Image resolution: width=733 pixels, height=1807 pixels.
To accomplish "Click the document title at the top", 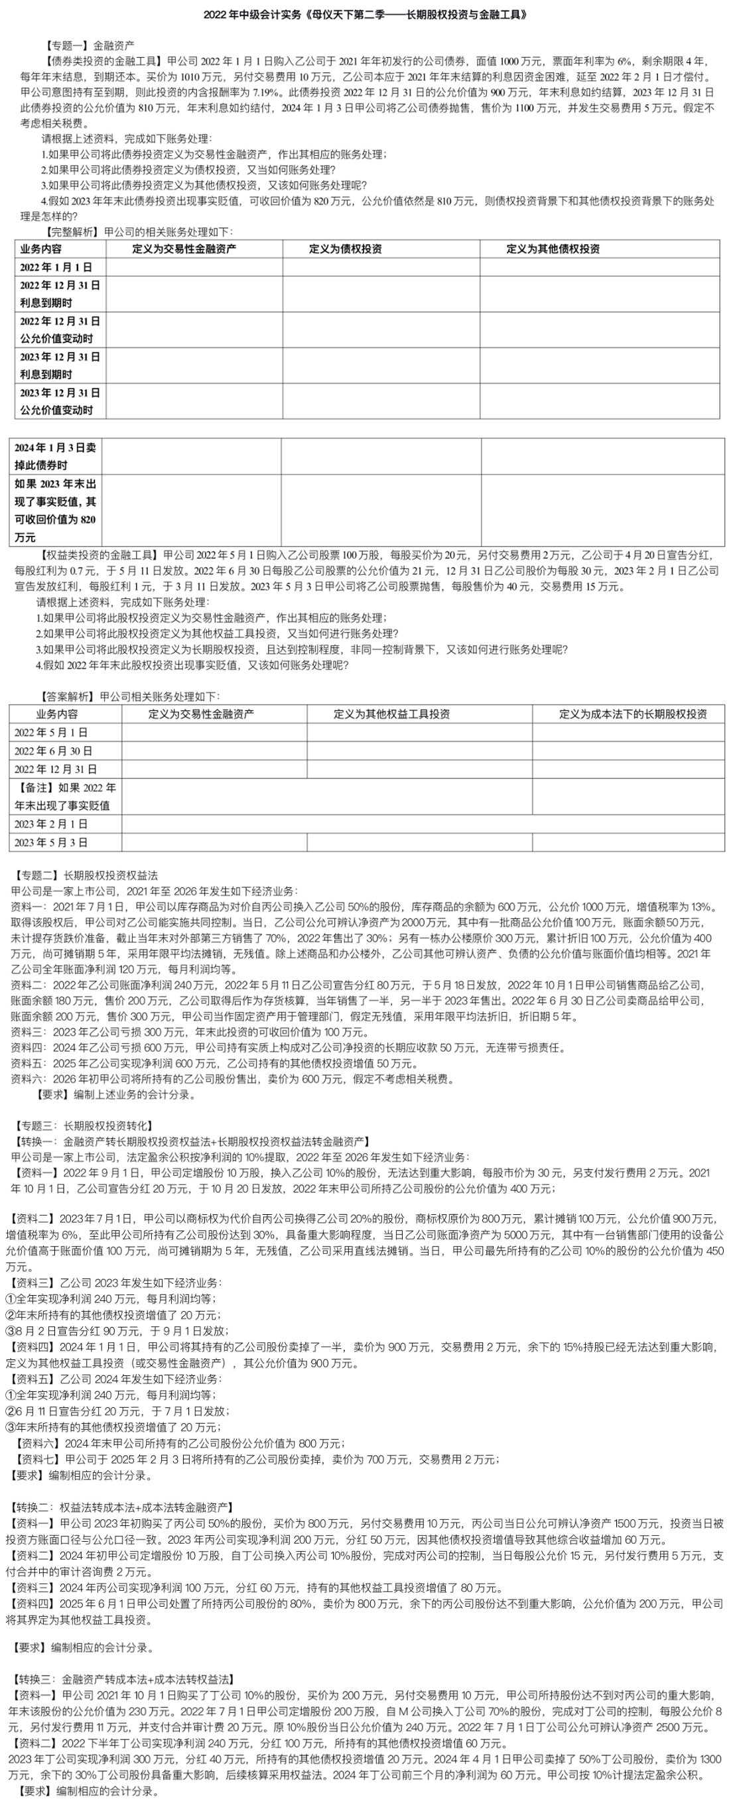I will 366,14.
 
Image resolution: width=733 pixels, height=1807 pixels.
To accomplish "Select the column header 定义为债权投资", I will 345,248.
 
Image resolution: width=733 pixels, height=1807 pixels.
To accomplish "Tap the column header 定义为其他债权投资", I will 553,248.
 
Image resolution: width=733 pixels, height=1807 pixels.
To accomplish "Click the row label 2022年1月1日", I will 56,267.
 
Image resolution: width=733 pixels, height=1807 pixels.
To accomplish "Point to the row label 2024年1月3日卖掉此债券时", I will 56,456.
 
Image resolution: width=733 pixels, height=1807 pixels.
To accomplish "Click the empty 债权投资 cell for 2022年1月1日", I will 381,267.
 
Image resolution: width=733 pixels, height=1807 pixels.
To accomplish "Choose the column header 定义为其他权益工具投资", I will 391,714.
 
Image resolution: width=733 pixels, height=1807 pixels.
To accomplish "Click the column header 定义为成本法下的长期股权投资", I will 633,714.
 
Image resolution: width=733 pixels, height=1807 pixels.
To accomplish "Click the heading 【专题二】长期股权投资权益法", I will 85,875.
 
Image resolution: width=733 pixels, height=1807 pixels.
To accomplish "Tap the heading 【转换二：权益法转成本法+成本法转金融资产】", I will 123,1507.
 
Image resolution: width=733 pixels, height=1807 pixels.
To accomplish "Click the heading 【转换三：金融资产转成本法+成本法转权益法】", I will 123,1678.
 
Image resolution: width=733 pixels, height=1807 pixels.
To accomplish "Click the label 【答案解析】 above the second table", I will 69,696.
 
